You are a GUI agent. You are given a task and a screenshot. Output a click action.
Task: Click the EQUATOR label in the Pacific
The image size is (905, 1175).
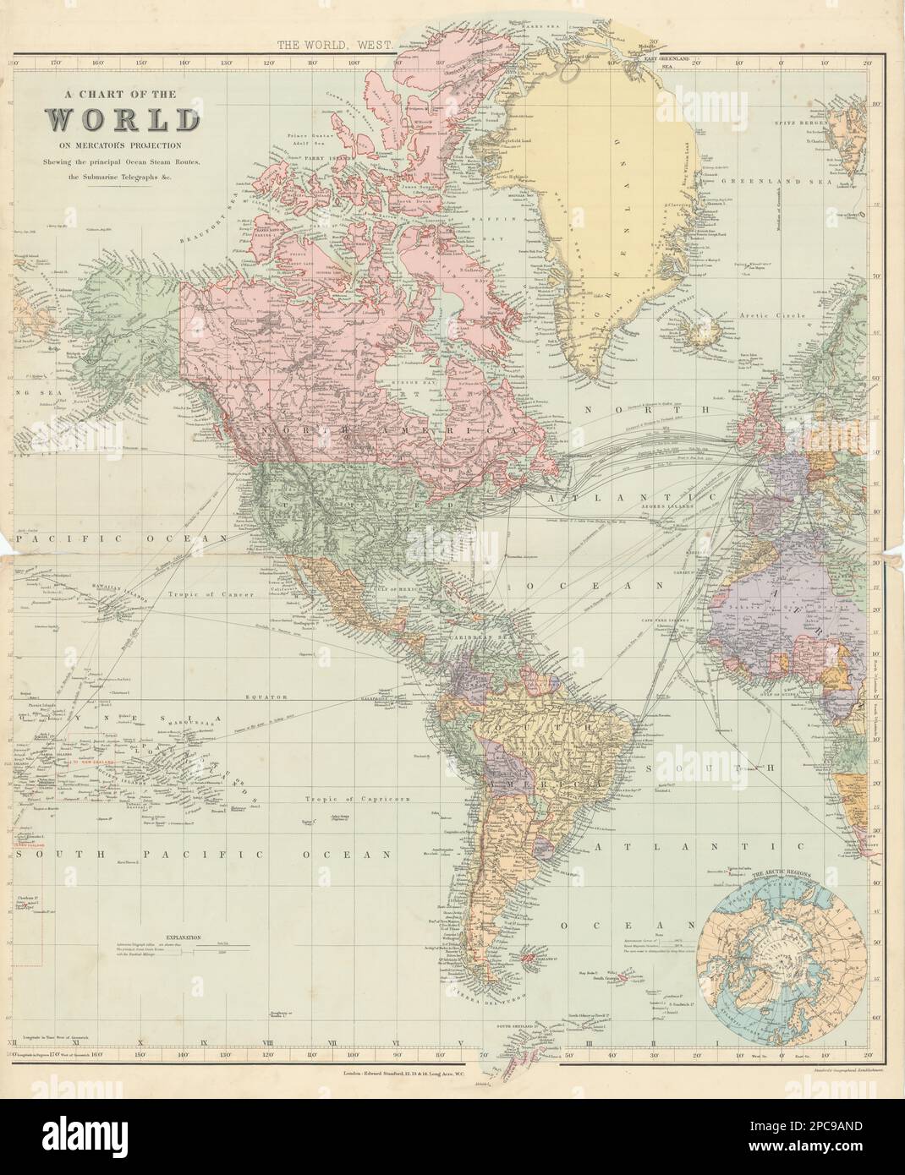(263, 697)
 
